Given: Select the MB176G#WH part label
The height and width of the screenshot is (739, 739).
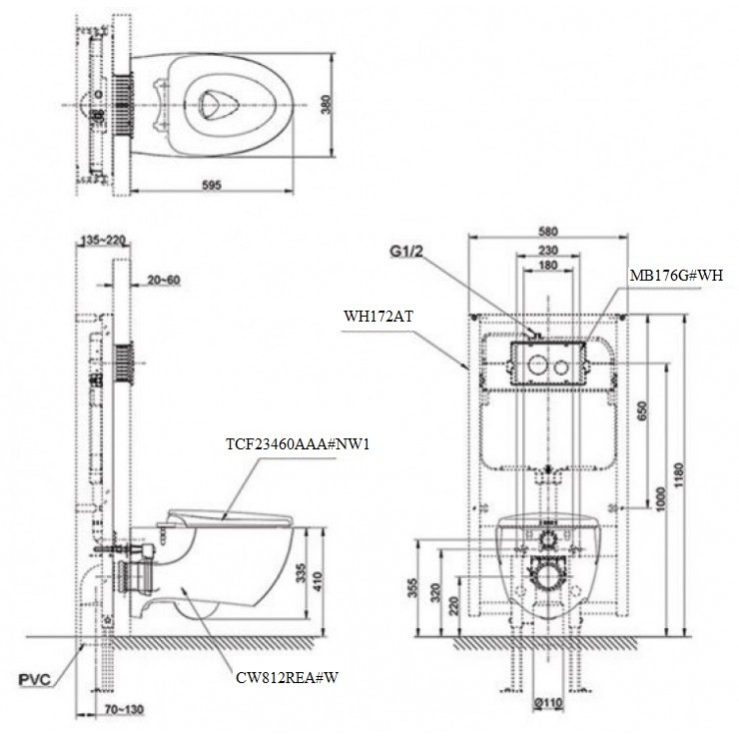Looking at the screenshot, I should [x=675, y=274].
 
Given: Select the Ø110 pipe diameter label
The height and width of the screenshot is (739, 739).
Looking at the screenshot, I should [x=546, y=702].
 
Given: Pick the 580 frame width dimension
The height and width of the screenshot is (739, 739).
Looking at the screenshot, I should [x=546, y=232].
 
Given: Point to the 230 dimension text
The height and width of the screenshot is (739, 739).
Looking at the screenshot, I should [x=546, y=251].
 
